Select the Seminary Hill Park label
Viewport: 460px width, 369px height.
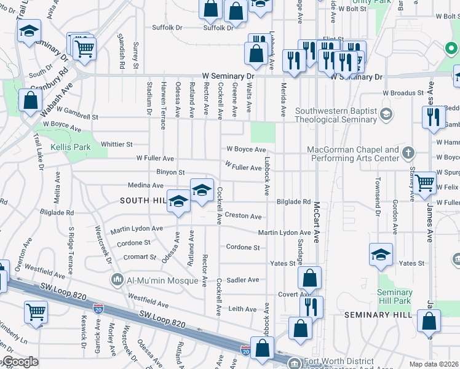[x=394, y=296]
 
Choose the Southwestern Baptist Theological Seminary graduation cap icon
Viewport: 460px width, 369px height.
[x=386, y=113]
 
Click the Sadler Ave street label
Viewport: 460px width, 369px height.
[x=243, y=280]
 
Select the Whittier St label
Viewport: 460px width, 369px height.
[x=117, y=145]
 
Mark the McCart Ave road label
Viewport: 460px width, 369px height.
[x=317, y=223]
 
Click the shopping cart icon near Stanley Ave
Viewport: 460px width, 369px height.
[x=425, y=183]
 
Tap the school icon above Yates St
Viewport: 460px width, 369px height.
[x=381, y=254]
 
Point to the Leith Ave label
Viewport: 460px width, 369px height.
[x=242, y=309]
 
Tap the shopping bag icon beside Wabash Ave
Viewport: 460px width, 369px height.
[x=30, y=100]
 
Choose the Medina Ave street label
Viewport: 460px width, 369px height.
[x=146, y=185]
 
